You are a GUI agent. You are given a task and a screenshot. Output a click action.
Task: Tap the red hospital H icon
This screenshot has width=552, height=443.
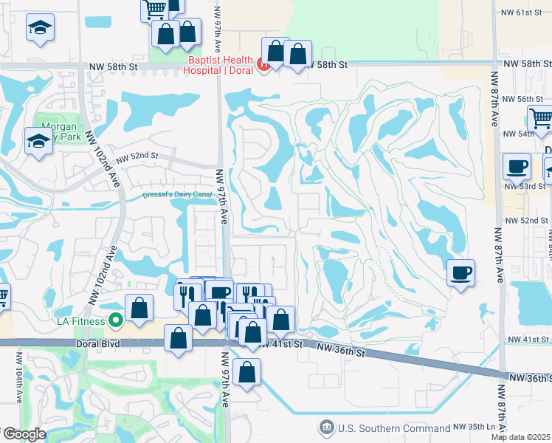263,66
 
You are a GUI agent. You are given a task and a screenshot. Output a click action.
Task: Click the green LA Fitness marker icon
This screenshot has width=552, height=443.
115,320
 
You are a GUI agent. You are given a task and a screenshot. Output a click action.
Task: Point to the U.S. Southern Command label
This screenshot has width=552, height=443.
393,427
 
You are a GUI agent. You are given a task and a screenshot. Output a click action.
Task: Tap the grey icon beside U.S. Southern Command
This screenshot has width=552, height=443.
325,427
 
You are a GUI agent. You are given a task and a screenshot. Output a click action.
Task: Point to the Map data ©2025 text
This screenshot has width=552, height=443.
521,437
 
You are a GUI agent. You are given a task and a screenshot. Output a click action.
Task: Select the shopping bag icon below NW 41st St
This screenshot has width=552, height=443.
248,371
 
